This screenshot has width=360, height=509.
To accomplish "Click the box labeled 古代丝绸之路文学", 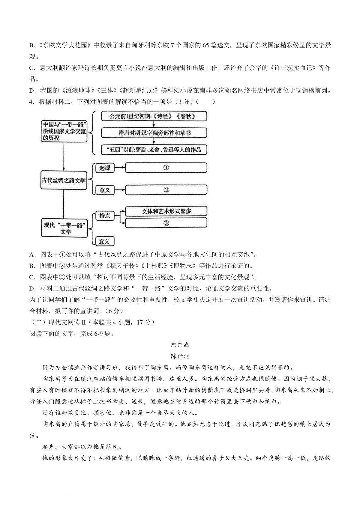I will tap(64, 180).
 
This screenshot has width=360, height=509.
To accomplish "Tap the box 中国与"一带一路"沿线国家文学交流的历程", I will tap(64, 131).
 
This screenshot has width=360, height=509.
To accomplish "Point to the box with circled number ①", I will tap(166, 168).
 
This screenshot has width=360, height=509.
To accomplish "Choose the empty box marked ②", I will tap(166, 190).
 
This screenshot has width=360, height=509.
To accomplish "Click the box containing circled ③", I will tap(166, 223).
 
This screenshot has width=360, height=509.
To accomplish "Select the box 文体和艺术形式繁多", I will tap(166, 211).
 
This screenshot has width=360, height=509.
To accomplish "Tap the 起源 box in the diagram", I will tap(105, 168).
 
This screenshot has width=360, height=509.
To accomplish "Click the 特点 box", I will tap(105, 216).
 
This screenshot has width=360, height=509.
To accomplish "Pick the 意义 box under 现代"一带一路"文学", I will tap(105, 241).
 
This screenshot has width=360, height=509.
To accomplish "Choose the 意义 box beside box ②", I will tap(105, 190).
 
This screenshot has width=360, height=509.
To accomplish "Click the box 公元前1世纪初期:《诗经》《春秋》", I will tap(154, 116).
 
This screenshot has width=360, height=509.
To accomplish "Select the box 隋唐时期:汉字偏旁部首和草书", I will tap(154, 133).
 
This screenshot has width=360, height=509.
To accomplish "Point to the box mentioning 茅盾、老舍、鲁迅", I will tap(154, 150).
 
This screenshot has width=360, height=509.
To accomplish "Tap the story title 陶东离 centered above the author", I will tap(180, 345).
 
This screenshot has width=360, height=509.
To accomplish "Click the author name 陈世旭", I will tap(180, 356).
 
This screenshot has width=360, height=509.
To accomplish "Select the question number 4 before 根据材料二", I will tap(31, 102).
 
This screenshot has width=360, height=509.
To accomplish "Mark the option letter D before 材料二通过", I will tap(32, 289).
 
